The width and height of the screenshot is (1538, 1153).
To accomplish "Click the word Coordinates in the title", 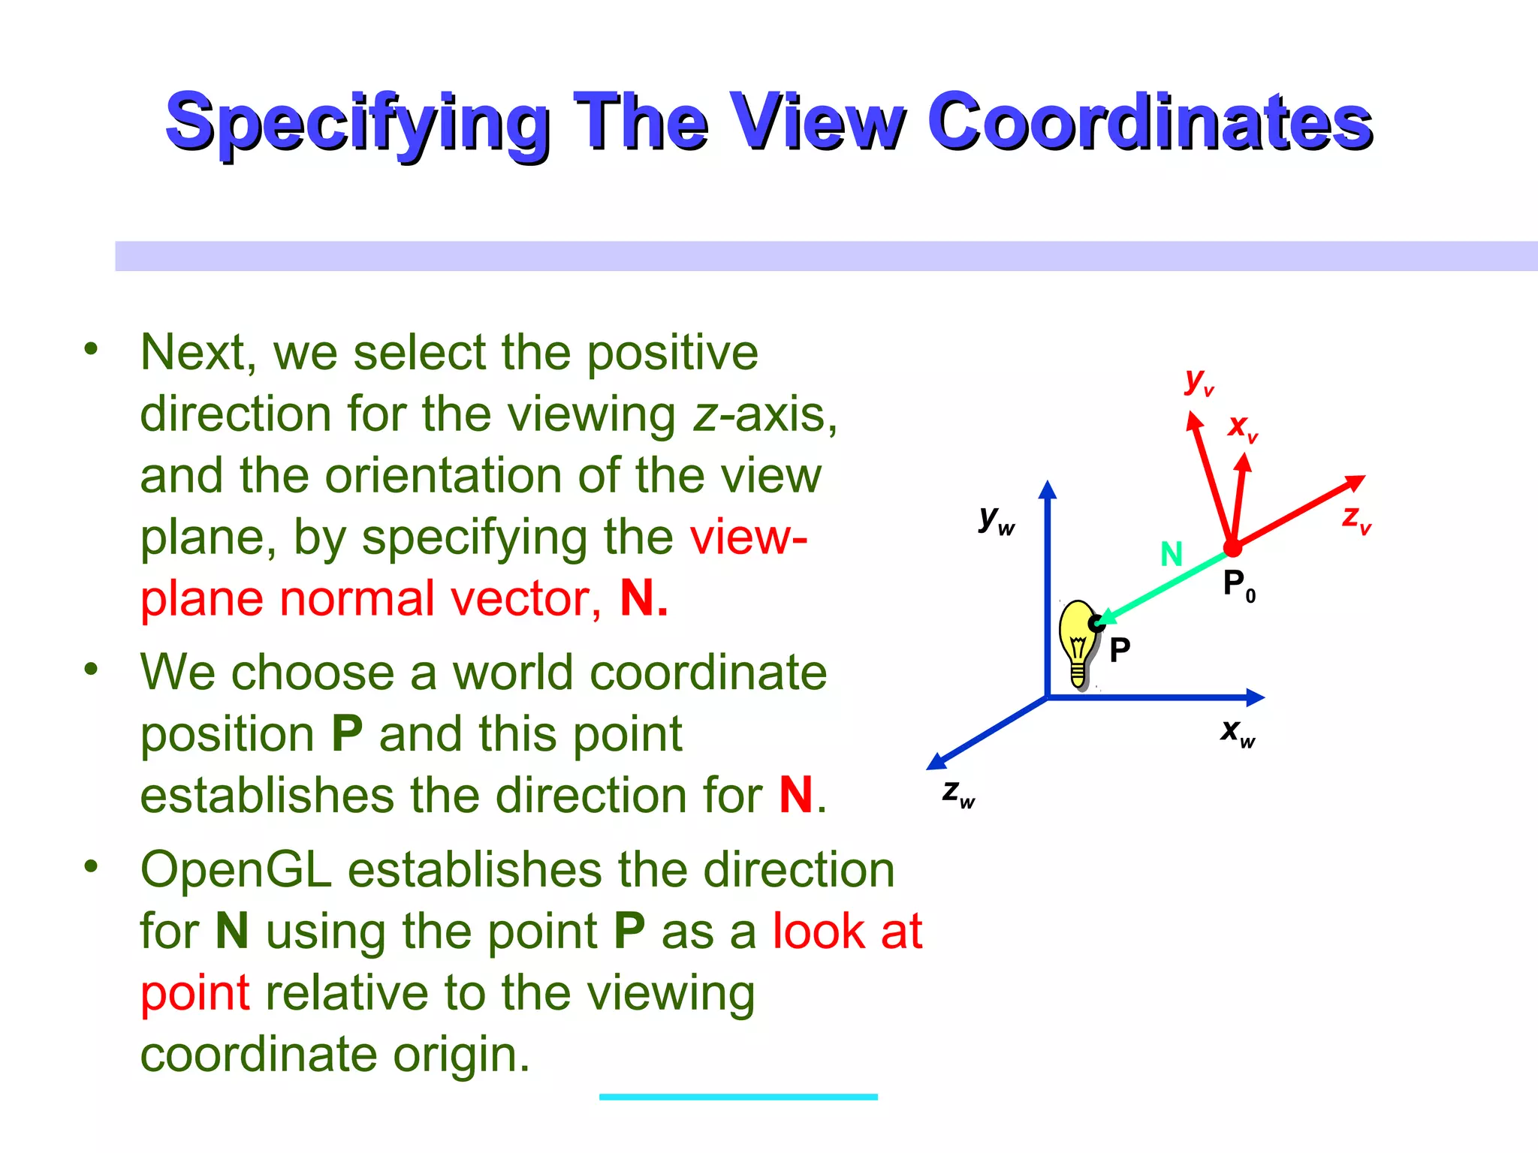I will point(1149,122).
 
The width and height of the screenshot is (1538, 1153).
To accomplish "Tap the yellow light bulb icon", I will point(1078,642).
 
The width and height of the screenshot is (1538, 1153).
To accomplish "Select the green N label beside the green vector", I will point(1171,555).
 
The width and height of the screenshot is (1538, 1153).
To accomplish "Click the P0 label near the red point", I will point(1238,585).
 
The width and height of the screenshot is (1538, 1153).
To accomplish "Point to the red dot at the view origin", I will point(1232,549).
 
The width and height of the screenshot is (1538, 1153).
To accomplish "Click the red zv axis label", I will point(1356,519).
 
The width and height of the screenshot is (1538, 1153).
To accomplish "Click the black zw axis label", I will point(958,793).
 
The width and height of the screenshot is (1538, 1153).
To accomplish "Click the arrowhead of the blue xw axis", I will point(1255,697).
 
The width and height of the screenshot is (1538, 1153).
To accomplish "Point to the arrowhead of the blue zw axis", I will point(936,761).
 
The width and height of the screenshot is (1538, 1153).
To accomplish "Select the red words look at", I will point(847,932).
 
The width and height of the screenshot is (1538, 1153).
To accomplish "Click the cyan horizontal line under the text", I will point(738,1097).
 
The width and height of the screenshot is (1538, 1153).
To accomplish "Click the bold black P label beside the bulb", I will point(1119,650).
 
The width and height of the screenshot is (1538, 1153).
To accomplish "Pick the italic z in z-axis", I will point(705,414).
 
